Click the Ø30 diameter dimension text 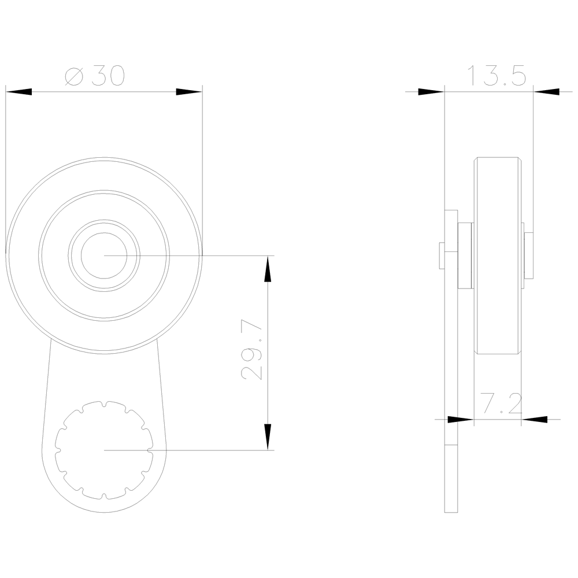tap(95, 76)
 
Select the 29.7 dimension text tap(251, 350)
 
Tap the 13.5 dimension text tap(496, 76)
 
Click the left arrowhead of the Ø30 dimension tap(18, 92)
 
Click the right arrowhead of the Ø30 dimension tap(189, 92)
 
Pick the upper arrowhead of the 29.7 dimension tap(268, 269)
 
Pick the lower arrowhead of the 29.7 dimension tap(268, 437)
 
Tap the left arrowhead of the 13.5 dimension tap(431, 92)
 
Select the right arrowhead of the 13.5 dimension tap(546, 92)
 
